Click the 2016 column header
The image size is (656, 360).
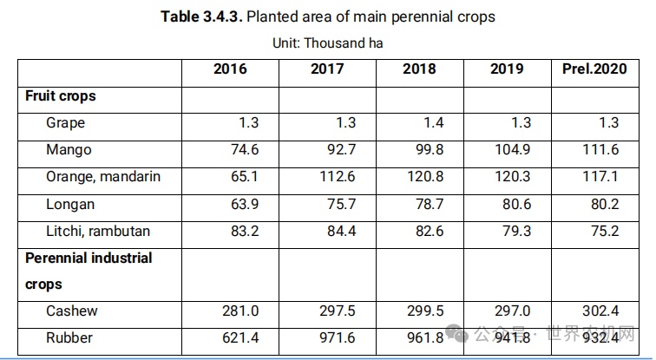coord(230,69)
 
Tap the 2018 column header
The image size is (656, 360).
coord(419,69)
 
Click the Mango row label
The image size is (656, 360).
coord(69,150)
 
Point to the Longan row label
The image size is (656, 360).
coord(70,204)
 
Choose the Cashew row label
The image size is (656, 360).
coord(72,311)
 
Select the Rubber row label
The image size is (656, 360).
coord(70,337)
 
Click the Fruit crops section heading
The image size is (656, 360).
coord(60,96)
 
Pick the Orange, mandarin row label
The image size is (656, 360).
coord(103,177)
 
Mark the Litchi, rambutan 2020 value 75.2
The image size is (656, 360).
coord(606,231)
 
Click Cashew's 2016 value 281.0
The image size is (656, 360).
coord(239,311)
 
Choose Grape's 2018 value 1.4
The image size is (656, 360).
coord(433,123)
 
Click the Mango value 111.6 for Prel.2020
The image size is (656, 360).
coord(601,150)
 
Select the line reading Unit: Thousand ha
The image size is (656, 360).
coord(328,42)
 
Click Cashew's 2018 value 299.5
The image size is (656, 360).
coord(425,311)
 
